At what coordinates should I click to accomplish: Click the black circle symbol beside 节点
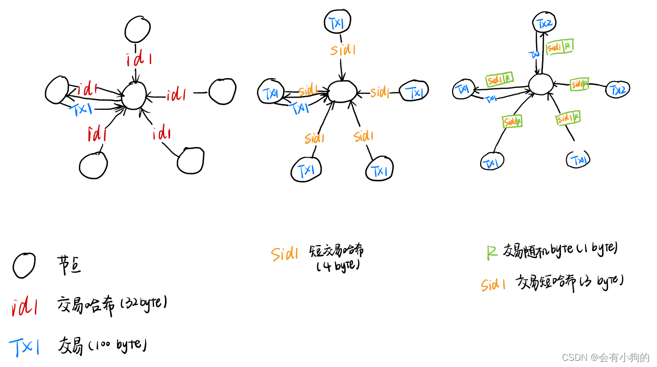click(x=24, y=265)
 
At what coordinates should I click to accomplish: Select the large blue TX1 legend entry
click(x=24, y=347)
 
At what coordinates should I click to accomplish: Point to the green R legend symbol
click(x=491, y=252)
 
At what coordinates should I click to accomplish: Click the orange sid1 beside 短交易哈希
click(x=284, y=254)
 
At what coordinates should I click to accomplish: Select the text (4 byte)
click(x=338, y=266)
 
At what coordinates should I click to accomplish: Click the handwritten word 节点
click(x=69, y=265)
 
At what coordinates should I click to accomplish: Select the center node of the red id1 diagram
click(x=133, y=95)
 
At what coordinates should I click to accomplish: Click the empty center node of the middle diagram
click(x=342, y=92)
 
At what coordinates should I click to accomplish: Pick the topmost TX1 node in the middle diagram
click(x=336, y=22)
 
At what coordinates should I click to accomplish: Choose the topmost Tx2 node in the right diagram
click(x=544, y=23)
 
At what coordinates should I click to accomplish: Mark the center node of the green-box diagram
click(x=540, y=84)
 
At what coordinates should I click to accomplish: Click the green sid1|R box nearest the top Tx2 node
click(x=559, y=46)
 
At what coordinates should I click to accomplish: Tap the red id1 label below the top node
click(x=139, y=60)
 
